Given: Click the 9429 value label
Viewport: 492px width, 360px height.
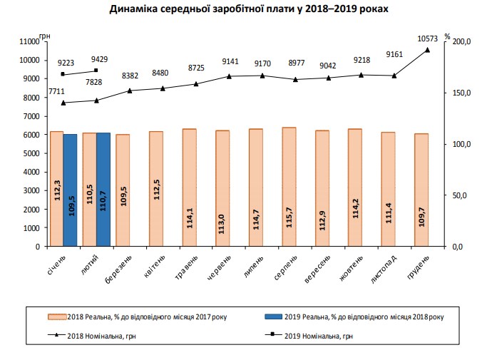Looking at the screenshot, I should point(98,59).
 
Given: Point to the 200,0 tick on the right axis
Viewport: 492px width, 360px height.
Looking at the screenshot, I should point(463,41).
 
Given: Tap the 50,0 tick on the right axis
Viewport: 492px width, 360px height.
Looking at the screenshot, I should point(463,195).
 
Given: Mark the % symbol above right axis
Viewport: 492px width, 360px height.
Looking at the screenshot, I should point(447,35).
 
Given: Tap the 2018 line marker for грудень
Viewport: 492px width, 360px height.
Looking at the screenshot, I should point(428,50).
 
